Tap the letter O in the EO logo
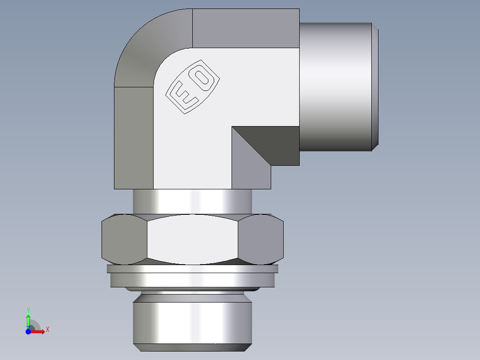(x=203, y=77)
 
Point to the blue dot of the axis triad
(x=28, y=331)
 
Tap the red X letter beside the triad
(x=47, y=330)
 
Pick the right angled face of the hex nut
(x=260, y=239)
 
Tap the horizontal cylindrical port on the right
(x=336, y=87)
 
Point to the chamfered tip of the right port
(x=375, y=87)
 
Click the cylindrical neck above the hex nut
(x=192, y=201)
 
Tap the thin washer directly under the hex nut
(x=192, y=269)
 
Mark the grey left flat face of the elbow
(x=134, y=138)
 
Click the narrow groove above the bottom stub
(x=192, y=290)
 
